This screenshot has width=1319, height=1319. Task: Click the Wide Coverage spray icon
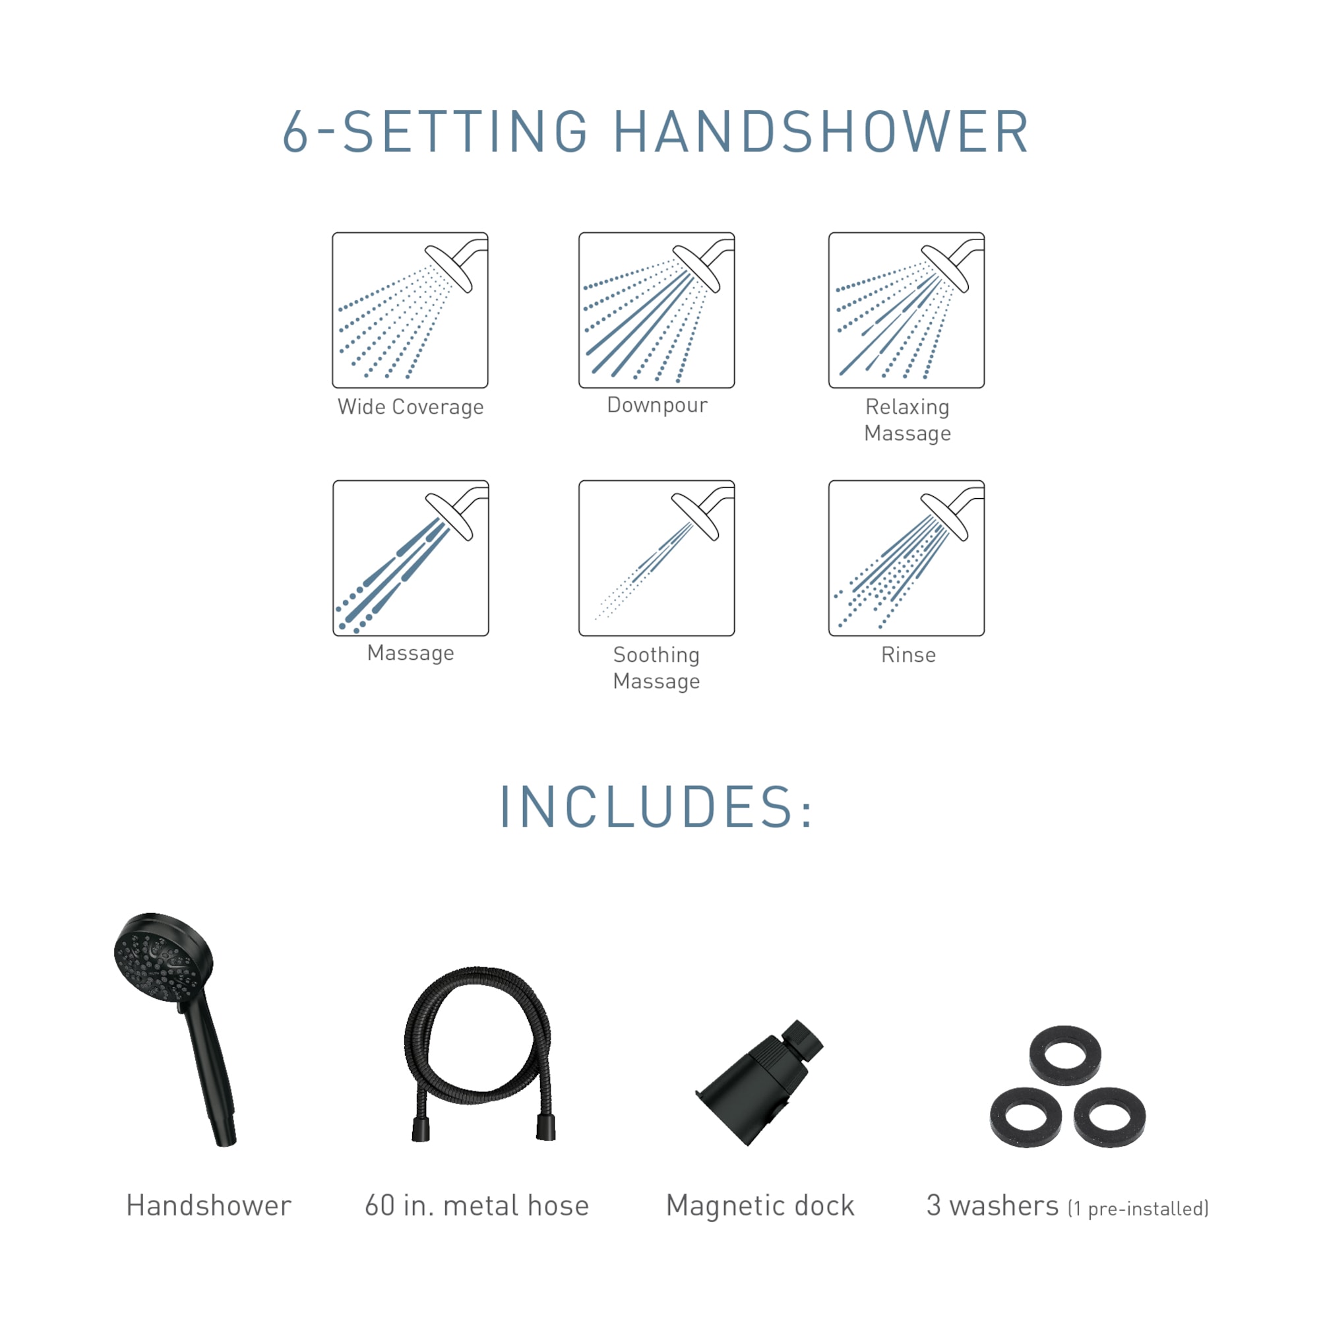pyautogui.click(x=410, y=310)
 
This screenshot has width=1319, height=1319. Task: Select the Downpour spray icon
pyautogui.click(x=656, y=310)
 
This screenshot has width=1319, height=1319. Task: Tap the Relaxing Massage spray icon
pyautogui.click(x=906, y=310)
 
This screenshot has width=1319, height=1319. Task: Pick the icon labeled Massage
pyautogui.click(x=410, y=558)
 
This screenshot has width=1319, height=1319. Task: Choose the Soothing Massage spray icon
pyautogui.click(x=656, y=558)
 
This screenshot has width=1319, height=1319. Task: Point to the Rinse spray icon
pyautogui.click(x=906, y=558)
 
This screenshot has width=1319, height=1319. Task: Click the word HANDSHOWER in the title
pyautogui.click(x=821, y=131)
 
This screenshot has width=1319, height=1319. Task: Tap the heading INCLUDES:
pyautogui.click(x=656, y=808)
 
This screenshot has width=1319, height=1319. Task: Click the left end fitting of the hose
pyautogui.click(x=420, y=1129)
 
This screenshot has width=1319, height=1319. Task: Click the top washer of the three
pyautogui.click(x=1065, y=1055)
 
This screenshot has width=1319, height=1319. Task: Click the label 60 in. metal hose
pyautogui.click(x=477, y=1205)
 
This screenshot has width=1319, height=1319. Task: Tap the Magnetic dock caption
pyautogui.click(x=760, y=1205)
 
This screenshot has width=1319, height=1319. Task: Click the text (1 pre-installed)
pyautogui.click(x=1138, y=1208)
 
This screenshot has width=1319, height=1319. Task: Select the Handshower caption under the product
pyautogui.click(x=209, y=1205)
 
